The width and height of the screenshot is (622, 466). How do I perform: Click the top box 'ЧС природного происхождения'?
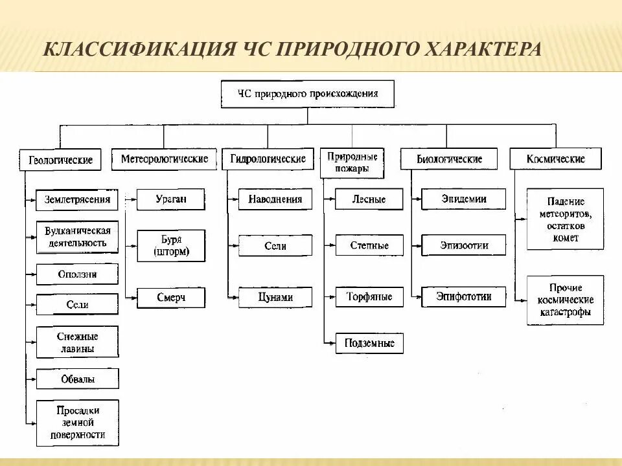tap(307, 94)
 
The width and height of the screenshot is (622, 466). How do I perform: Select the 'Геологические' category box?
tap(60, 159)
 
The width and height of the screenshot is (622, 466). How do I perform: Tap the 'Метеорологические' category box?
tap(164, 159)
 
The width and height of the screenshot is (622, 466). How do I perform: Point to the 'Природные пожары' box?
tap(352, 162)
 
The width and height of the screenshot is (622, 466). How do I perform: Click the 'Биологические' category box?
tap(449, 159)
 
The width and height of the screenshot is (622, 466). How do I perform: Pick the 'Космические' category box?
tap(555, 159)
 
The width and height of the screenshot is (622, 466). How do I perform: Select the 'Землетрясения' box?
tap(77, 199)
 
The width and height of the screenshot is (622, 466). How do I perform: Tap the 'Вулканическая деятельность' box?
tap(77, 237)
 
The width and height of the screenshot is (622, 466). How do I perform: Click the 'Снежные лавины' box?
tap(77, 342)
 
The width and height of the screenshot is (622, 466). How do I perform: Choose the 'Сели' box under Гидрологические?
tap(275, 246)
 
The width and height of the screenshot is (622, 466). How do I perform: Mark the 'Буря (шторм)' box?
tap(171, 246)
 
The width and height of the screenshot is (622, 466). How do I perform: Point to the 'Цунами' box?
tap(275, 297)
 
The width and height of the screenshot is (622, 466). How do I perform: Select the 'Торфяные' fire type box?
tap(369, 297)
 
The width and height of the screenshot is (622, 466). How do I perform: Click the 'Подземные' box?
tap(369, 343)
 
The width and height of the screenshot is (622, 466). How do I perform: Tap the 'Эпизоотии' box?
tap(464, 245)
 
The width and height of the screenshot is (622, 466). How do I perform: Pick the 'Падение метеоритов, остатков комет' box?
tap(565, 219)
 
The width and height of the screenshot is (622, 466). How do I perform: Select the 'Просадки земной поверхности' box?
tap(77, 423)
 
